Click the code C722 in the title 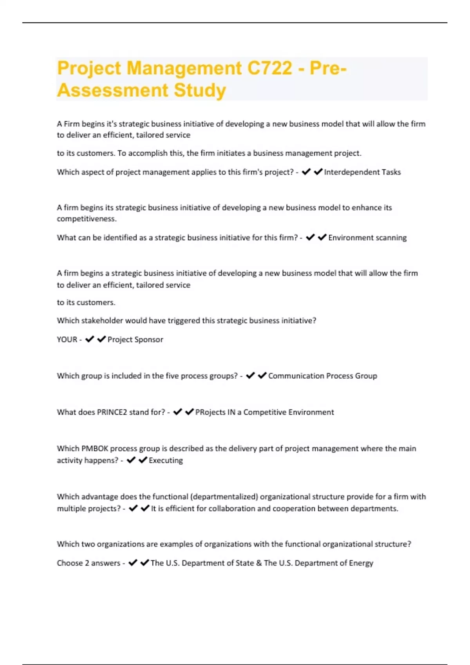click(x=270, y=68)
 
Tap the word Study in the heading click(x=200, y=90)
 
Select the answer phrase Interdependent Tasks click(x=362, y=172)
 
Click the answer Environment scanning click(x=367, y=238)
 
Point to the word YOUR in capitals click(x=67, y=340)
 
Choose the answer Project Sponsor click(x=135, y=340)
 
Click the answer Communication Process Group click(x=322, y=376)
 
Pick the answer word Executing click(x=166, y=460)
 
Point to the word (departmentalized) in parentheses click(x=224, y=497)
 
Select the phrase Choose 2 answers click(x=89, y=563)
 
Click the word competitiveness click(x=87, y=219)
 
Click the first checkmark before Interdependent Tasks click(x=306, y=172)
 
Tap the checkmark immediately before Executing click(x=143, y=460)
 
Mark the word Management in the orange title click(x=184, y=68)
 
